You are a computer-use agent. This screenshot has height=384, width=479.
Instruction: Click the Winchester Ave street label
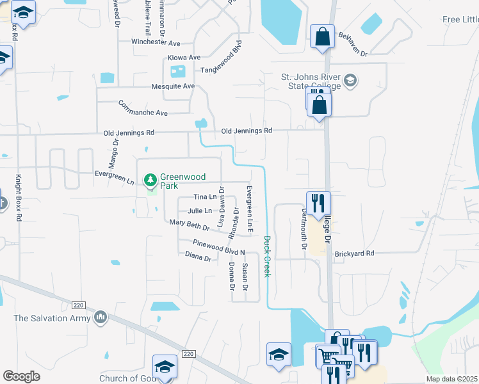tap(156, 43)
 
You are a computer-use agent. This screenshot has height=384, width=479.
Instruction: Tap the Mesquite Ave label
tap(173, 86)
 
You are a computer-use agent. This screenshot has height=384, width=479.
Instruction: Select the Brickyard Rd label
tap(354, 254)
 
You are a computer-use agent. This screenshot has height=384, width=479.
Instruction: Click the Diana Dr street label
tap(198, 257)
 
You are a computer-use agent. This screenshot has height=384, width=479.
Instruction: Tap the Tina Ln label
tap(205, 197)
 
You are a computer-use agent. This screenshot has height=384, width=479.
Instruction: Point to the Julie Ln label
tap(199, 211)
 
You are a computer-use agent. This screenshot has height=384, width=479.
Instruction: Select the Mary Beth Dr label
tap(190, 225)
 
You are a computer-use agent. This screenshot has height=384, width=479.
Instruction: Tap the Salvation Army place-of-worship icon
tap(100, 317)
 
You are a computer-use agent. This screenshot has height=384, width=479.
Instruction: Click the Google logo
tap(22, 376)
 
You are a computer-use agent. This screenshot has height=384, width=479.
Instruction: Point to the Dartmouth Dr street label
tap(305, 228)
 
